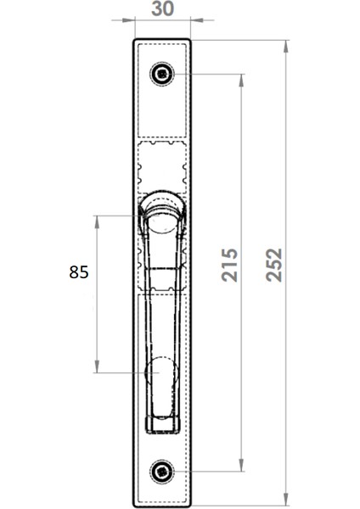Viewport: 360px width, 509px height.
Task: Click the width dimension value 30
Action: coord(162,8)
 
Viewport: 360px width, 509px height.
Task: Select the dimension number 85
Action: coord(78,272)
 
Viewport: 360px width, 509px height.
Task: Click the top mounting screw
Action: coord(161,75)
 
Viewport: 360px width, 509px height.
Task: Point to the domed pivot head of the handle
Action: coord(161,208)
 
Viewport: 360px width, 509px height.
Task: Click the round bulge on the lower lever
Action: coord(161,372)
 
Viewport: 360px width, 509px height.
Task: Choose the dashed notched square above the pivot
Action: coord(161,165)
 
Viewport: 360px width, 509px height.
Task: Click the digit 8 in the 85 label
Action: coord(73,272)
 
